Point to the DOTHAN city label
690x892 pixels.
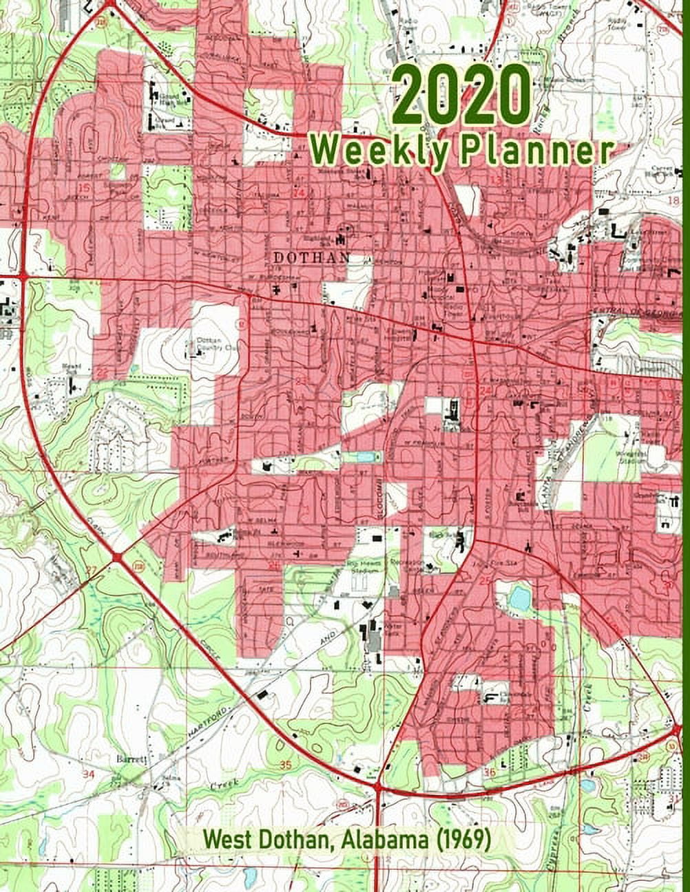pos(311,257)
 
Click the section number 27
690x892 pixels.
pos(92,570)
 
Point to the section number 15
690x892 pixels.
pos(85,187)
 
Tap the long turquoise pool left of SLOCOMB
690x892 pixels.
pos(365,457)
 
